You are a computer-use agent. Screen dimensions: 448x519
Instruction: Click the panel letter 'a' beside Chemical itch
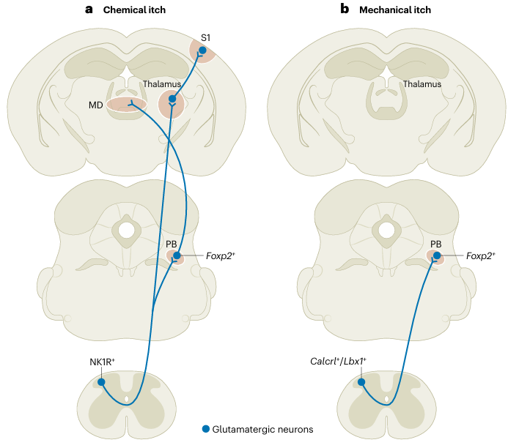click(x=89, y=10)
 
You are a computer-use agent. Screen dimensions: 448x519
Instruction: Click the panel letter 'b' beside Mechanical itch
click(x=345, y=10)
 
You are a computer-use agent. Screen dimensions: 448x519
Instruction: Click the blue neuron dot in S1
click(x=202, y=50)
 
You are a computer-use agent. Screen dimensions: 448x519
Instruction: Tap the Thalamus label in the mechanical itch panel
click(x=422, y=84)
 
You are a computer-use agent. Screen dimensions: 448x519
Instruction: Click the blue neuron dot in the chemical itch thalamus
click(x=172, y=99)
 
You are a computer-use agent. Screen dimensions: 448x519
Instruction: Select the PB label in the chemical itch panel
click(x=171, y=243)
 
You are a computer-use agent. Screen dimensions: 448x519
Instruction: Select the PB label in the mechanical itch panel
click(x=435, y=243)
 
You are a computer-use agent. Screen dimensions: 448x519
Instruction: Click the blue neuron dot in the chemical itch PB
click(x=177, y=255)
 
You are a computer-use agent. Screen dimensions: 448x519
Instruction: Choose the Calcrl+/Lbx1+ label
click(x=339, y=362)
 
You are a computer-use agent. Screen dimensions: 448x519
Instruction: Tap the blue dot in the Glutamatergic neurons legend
click(x=206, y=429)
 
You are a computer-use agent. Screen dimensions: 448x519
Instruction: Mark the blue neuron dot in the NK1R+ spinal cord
click(x=101, y=382)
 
